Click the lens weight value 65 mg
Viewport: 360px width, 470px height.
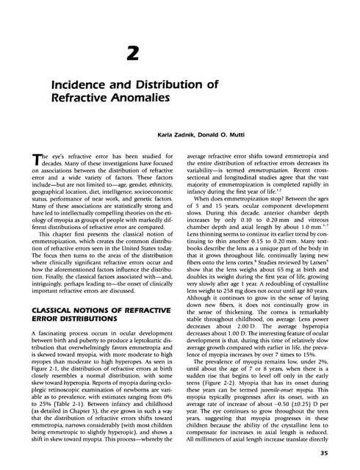[284, 275]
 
